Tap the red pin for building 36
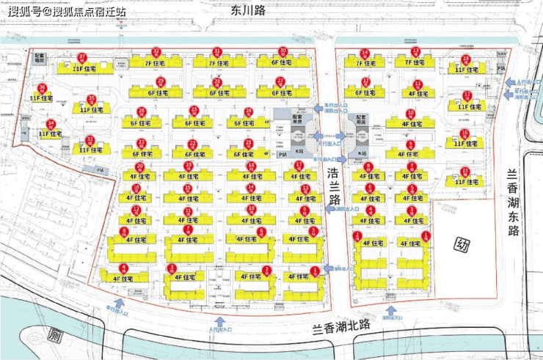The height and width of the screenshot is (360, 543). [x=42, y=88]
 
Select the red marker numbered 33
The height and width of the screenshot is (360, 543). [x=90, y=139]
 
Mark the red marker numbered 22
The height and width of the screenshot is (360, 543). [x=193, y=144]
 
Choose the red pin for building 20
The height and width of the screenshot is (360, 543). [x=140, y=166]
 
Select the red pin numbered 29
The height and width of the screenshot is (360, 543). [x=216, y=81]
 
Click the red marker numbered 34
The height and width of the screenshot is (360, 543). [x=51, y=124]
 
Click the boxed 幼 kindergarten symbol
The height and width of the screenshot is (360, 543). [x=462, y=244]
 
